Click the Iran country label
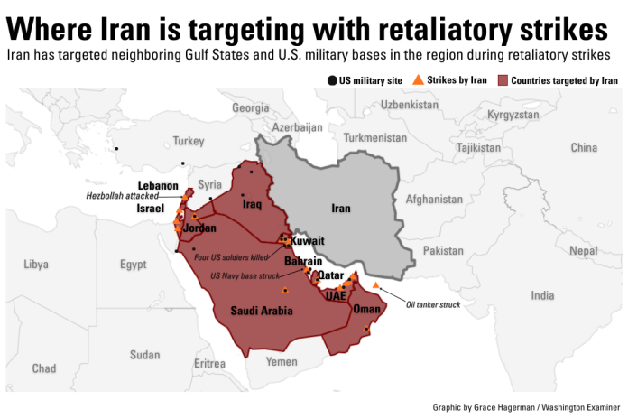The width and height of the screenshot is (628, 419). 340,209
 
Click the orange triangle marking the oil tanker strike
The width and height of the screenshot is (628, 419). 375,285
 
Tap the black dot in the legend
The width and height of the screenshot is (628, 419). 331,80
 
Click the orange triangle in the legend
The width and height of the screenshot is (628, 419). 416,79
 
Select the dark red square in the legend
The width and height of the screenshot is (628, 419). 503,80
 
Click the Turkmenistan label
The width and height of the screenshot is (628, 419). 375,137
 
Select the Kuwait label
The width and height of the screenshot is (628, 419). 308,242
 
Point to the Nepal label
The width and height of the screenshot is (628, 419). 583,250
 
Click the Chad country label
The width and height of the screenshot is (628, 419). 43,368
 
